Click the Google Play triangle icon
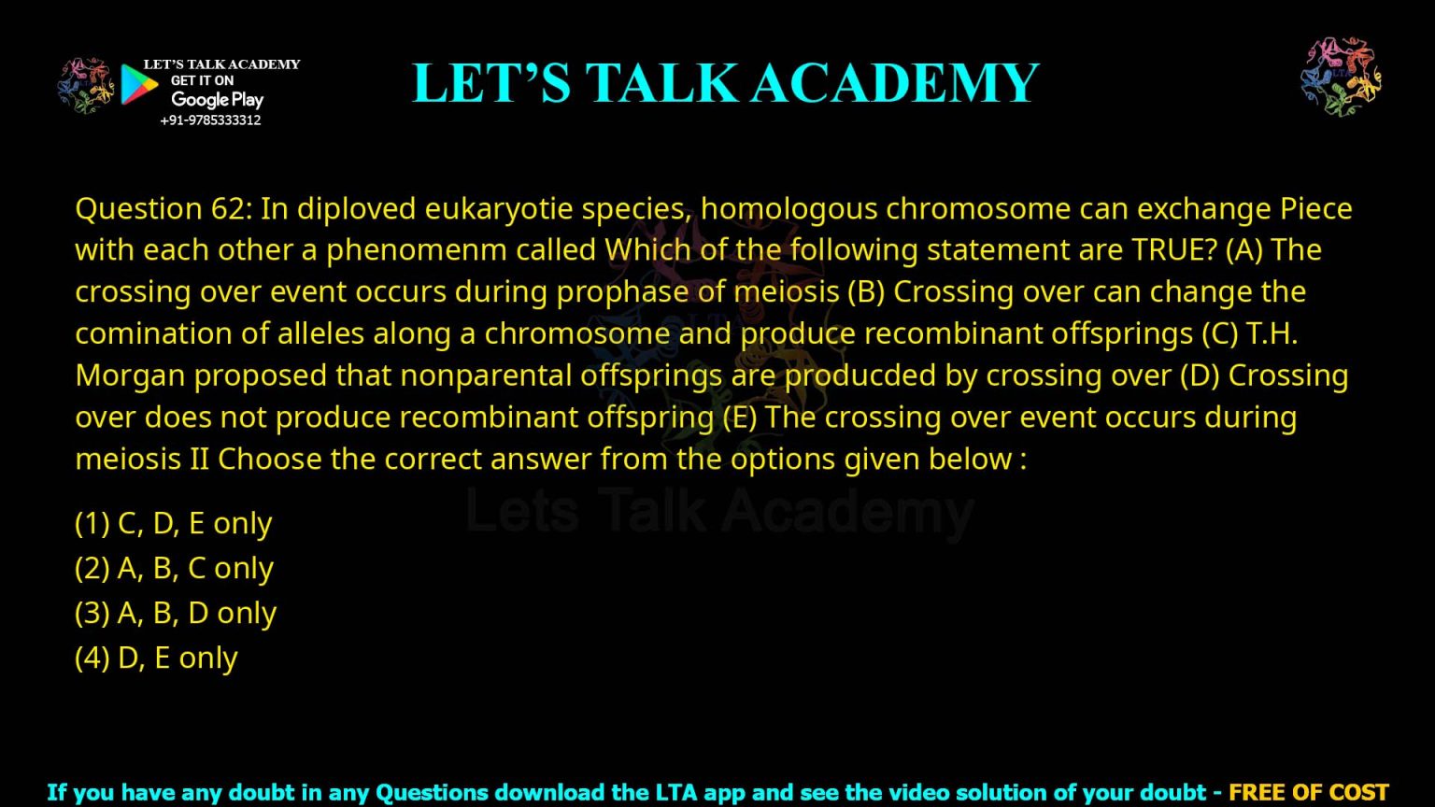pos(138,84)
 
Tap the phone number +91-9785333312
pos(210,120)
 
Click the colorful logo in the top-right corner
pos(1341,77)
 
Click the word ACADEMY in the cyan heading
pos(895,82)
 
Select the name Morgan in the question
pos(130,375)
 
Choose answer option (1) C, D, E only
pos(173,523)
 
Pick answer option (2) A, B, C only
pos(174,568)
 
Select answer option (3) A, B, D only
pos(176,613)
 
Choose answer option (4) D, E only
pos(156,658)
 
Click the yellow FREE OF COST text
pos(1308,793)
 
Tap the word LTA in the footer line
pos(675,793)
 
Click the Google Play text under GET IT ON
pos(218,100)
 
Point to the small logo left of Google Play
pos(85,85)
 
